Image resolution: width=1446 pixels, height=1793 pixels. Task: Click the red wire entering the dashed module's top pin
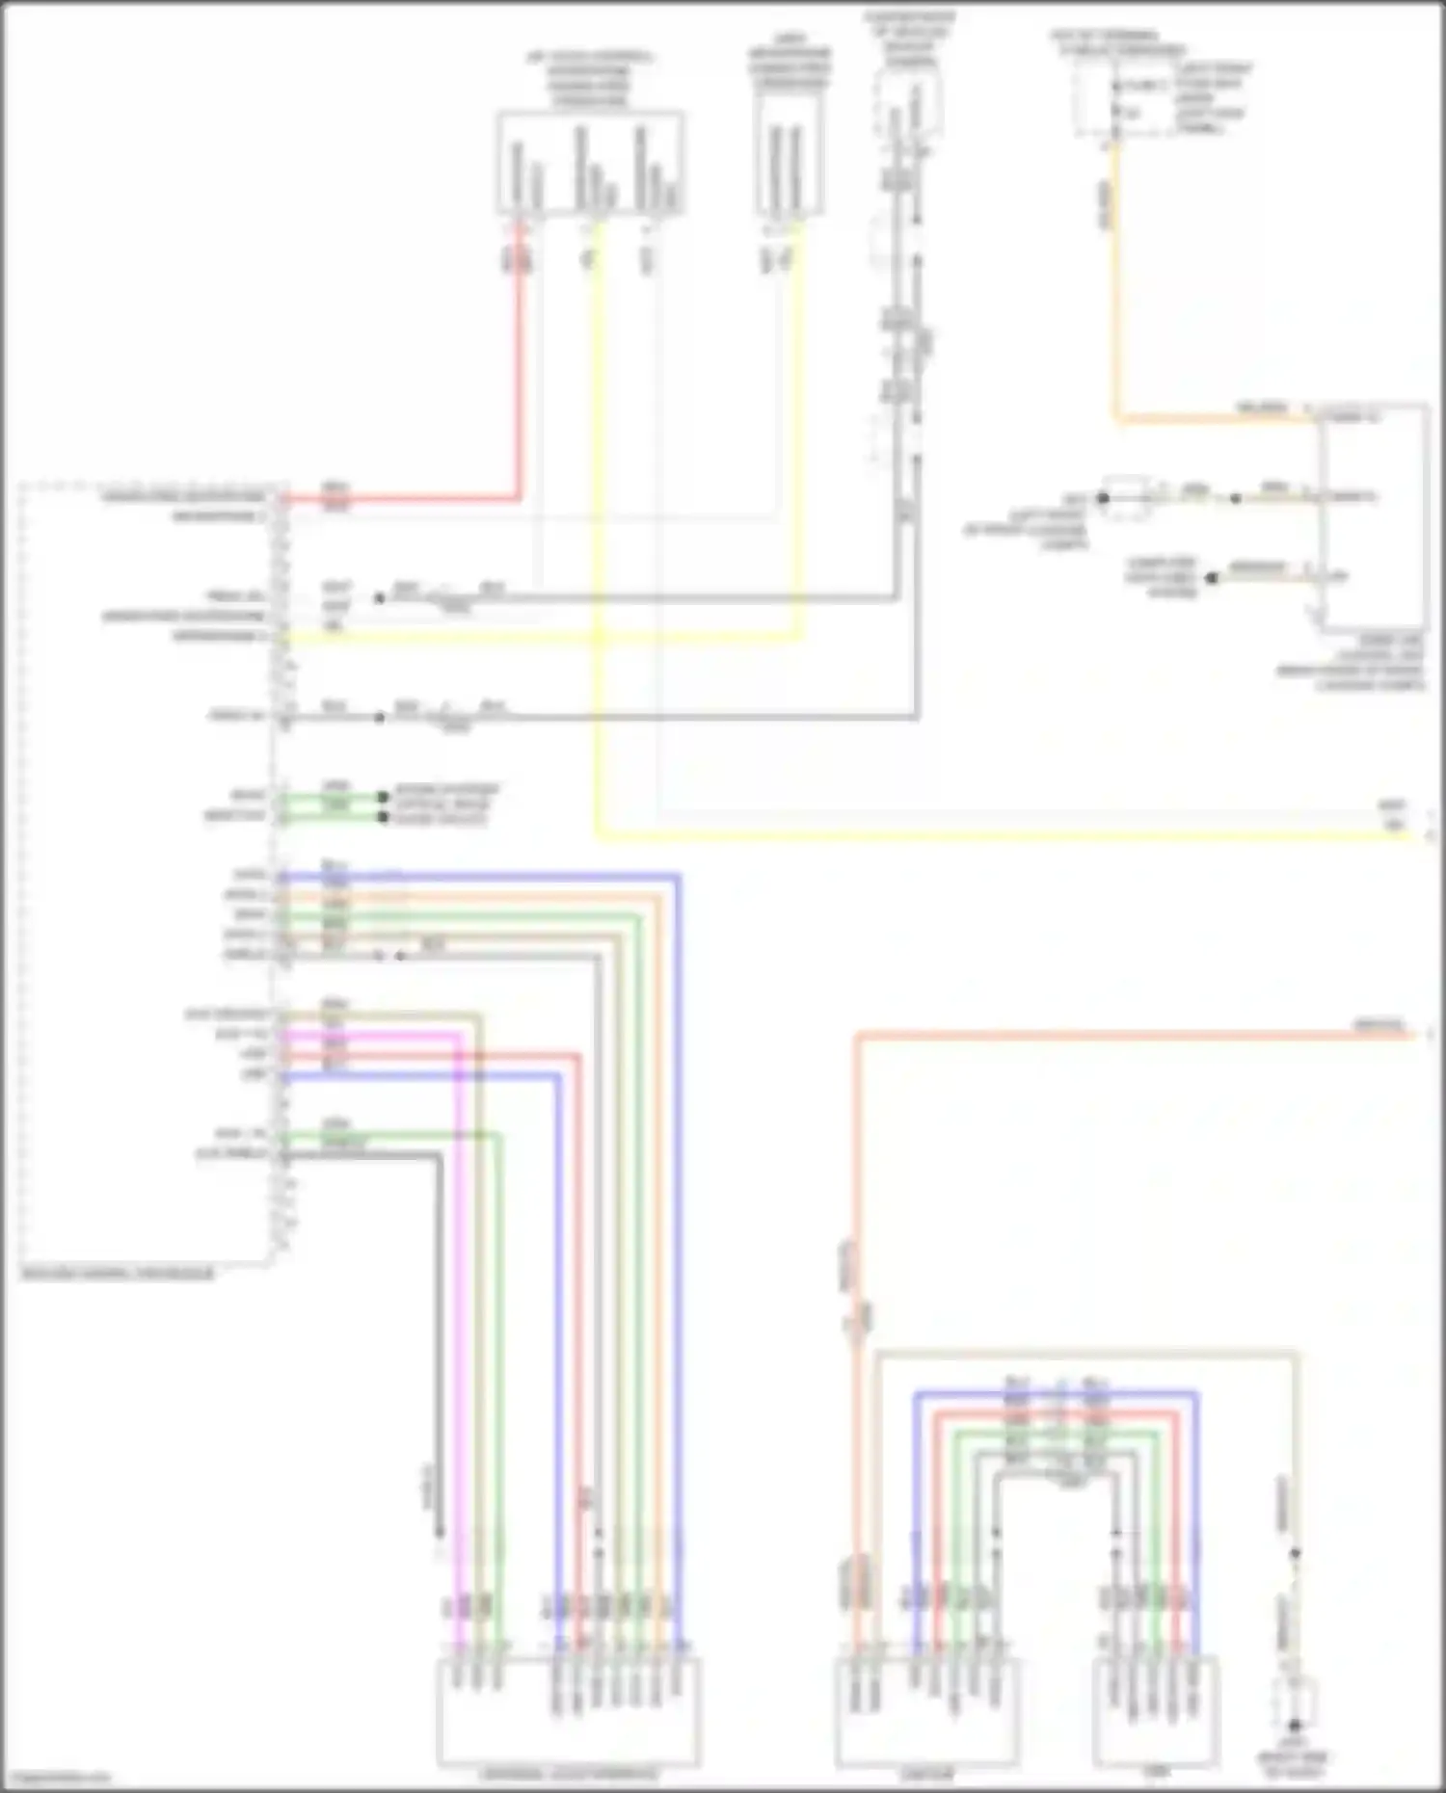coord(521,385)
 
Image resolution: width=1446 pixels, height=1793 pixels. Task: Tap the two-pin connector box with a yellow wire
coord(790,154)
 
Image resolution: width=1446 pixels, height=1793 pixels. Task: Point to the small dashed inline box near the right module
coord(1126,496)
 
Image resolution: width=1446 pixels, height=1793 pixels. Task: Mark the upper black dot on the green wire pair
coord(383,797)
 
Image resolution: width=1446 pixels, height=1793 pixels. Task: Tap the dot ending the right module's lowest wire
coord(1213,578)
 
